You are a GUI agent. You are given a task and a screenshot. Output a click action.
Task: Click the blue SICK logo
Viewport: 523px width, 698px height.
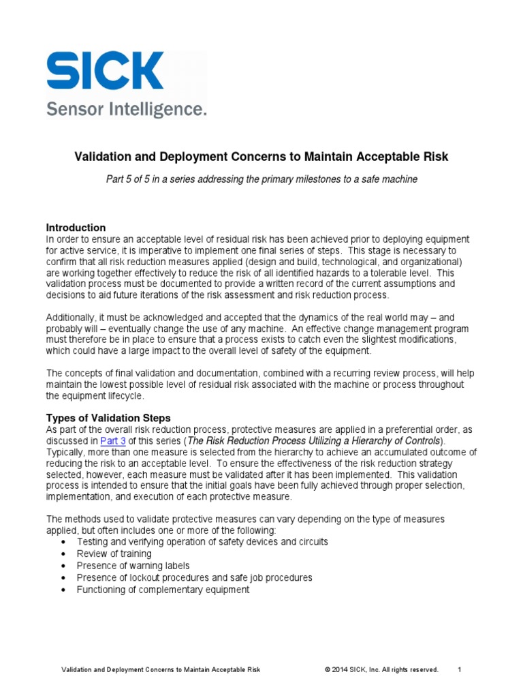pos(104,71)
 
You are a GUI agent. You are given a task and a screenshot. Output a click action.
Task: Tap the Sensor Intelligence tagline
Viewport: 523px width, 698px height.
pos(126,110)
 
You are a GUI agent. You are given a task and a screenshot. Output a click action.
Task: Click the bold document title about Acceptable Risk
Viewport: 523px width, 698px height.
pos(261,157)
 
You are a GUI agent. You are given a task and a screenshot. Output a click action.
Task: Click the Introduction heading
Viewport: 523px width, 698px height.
pos(76,228)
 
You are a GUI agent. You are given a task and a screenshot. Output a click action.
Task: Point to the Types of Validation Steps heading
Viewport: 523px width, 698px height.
pos(108,418)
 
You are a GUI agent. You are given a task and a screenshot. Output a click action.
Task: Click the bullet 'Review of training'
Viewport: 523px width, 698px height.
pos(114,553)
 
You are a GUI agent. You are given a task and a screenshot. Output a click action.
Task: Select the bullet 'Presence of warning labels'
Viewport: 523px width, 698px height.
pos(133,566)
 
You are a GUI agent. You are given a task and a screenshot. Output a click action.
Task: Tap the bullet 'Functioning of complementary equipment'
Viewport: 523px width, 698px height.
pos(163,590)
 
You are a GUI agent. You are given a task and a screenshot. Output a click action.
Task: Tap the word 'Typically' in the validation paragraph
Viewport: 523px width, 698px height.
pos(66,452)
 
